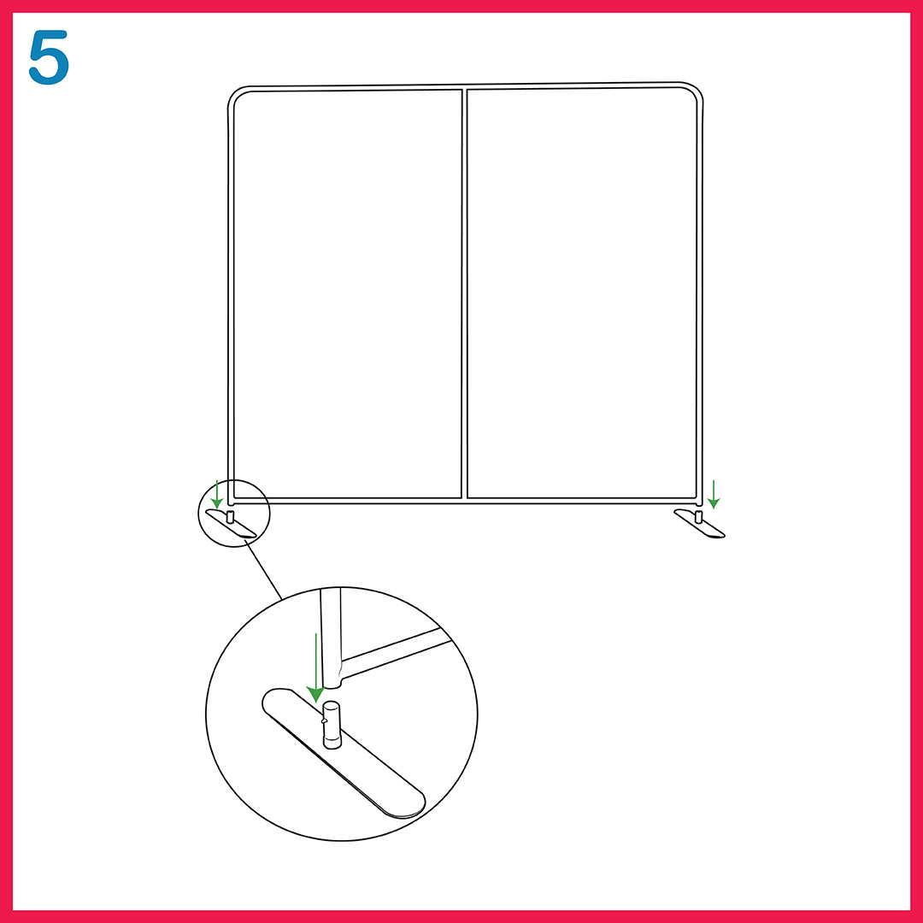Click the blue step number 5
[x=49, y=58]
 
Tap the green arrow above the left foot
[x=216, y=495]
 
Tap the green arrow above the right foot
[x=714, y=495]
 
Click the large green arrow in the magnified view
[x=316, y=668]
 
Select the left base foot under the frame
[x=231, y=523]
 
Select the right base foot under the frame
[x=699, y=523]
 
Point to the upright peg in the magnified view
[x=332, y=726]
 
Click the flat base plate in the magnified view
[x=344, y=753]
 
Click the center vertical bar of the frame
[x=464, y=294]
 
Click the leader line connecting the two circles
[x=264, y=570]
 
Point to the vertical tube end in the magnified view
[x=332, y=638]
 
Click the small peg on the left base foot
[x=230, y=517]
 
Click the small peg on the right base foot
[x=699, y=517]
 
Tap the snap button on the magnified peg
[x=324, y=720]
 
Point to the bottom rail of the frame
[x=465, y=502]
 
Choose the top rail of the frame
[x=465, y=87]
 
